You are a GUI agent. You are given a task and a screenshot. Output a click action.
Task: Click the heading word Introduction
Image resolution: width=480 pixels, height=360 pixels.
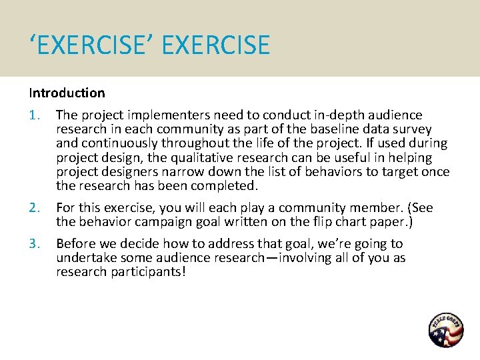67,93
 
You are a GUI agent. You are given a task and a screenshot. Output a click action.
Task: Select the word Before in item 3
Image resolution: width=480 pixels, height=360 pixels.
76,244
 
